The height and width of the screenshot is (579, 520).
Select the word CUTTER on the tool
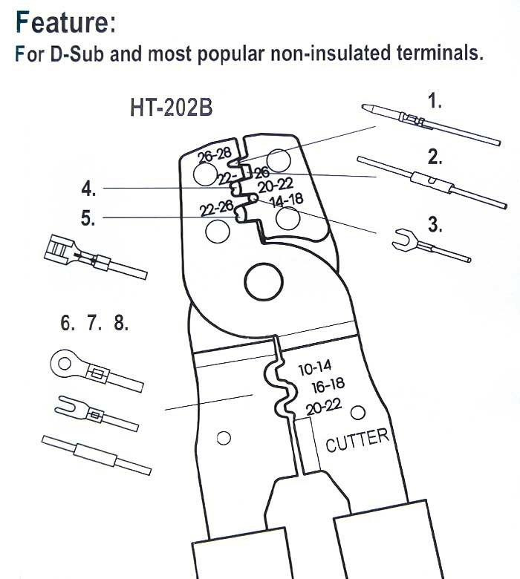click(x=357, y=439)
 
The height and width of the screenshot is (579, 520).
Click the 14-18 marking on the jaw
click(x=285, y=201)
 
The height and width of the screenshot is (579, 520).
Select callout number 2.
click(x=435, y=157)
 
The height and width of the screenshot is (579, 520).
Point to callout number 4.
click(x=88, y=189)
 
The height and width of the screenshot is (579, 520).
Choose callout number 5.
click(x=88, y=218)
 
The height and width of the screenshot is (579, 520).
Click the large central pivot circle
click(x=259, y=283)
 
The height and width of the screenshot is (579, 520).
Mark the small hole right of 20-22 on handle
click(x=358, y=412)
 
